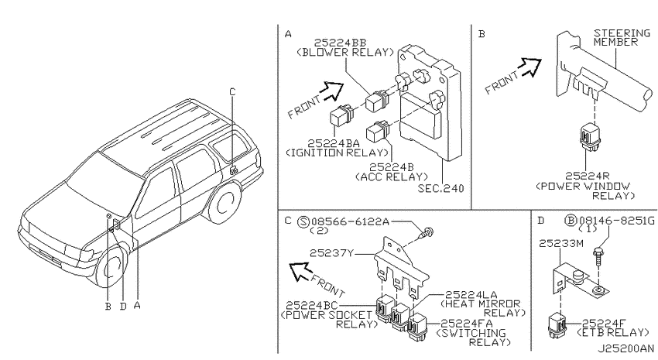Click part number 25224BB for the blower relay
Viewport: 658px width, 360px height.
340,43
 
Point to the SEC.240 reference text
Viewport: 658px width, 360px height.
440,188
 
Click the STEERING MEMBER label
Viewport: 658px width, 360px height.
622,37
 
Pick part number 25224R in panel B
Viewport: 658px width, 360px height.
587,177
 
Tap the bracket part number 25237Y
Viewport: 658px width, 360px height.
332,253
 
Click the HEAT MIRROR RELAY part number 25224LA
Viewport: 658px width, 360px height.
471,294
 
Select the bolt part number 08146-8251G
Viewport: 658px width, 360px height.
616,221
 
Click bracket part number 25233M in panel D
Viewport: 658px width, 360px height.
561,243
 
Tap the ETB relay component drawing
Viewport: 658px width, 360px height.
557,325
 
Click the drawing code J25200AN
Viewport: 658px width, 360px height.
625,348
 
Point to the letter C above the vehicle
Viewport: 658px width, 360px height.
232,92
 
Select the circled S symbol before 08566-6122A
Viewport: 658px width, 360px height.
303,221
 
